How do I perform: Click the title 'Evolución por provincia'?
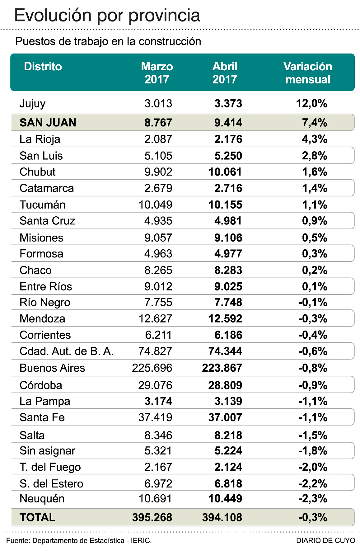pos(107,15)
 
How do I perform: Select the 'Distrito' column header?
pos(43,67)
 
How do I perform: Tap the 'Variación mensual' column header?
pos(307,73)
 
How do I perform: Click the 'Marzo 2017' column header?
pos(157,73)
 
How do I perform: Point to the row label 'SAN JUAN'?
pos(48,123)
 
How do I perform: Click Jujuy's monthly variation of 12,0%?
pos(311,103)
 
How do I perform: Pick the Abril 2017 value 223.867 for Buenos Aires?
pos(222,368)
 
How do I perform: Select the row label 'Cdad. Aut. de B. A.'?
pos(66,351)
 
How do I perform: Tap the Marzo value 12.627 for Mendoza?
pos(155,318)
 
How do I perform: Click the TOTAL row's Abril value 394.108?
pos(222,517)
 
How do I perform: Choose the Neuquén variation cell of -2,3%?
pos(313,499)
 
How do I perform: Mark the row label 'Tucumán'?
pos(42,205)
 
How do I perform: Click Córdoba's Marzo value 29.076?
pos(155,385)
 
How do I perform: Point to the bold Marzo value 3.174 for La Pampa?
pos(158,401)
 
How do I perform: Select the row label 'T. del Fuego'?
pos(50,467)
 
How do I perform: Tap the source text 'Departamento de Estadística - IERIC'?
pos(92,541)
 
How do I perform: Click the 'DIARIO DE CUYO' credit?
pos(325,541)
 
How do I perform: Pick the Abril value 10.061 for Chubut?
pos(225,172)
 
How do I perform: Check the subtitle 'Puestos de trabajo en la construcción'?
pos(108,41)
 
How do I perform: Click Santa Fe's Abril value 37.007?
pos(225,417)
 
